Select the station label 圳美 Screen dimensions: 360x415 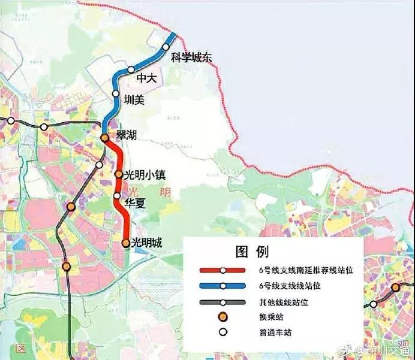134,101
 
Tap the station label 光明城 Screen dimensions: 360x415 147,243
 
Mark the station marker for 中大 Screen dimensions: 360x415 131,70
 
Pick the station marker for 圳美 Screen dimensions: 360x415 116,93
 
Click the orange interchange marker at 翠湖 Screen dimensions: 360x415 104,138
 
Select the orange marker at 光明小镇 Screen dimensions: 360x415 119,175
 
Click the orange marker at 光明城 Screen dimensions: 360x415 125,243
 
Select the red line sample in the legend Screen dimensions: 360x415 222,270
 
